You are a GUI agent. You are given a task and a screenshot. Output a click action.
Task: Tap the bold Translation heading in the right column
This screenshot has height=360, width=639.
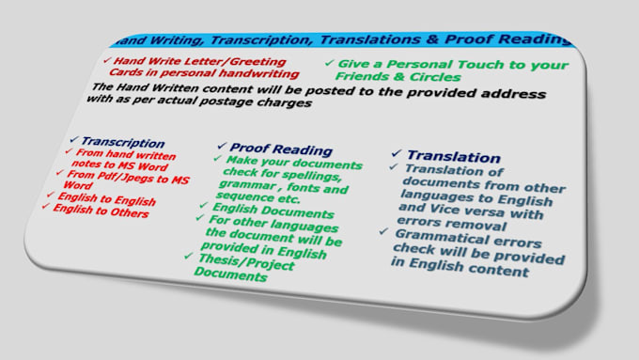[454, 157]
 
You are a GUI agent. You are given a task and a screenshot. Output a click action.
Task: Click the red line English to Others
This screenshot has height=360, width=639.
[100, 212]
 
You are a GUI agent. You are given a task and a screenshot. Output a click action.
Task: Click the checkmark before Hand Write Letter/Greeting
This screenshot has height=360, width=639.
[105, 59]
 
